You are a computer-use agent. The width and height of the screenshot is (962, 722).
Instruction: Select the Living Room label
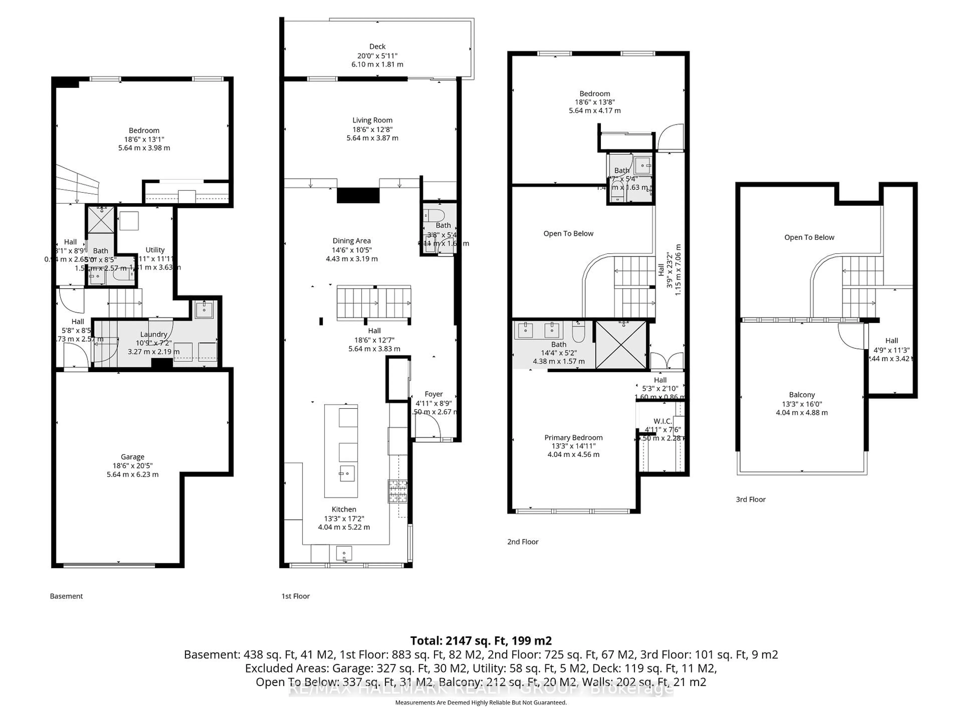click(x=372, y=120)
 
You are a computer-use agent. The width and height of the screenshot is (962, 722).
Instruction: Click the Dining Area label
click(x=351, y=241)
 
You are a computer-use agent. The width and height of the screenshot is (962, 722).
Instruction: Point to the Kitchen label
click(x=343, y=509)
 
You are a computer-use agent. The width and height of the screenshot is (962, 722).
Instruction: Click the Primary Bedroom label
click(x=573, y=437)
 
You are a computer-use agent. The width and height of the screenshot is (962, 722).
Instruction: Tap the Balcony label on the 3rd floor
click(x=801, y=395)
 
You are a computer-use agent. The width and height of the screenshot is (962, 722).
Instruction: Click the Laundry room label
click(x=154, y=334)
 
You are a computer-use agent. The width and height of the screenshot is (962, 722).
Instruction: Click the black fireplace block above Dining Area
click(x=358, y=195)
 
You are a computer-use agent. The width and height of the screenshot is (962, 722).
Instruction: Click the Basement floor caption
click(x=66, y=596)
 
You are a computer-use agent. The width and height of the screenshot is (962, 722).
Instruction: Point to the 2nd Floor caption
click(x=523, y=542)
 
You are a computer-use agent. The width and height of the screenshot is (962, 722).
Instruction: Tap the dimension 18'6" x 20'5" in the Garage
click(x=132, y=466)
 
